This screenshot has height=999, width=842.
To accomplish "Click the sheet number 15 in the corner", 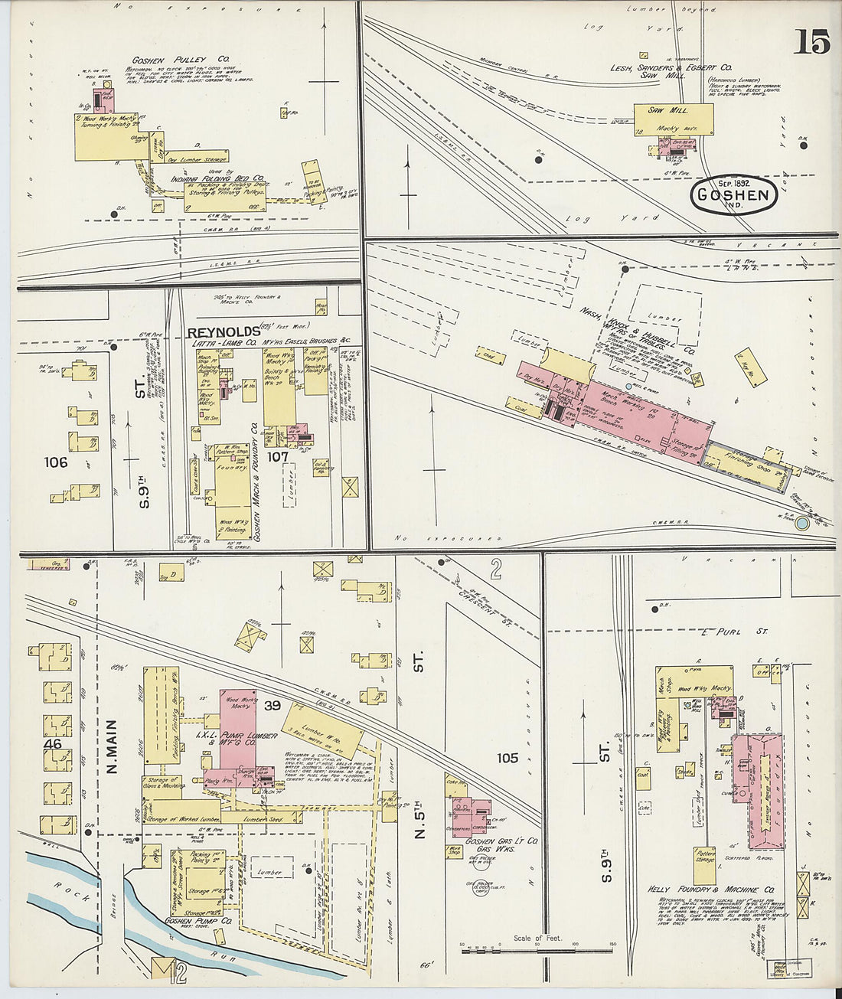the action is (811, 41).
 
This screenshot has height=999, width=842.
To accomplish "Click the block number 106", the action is (56, 462).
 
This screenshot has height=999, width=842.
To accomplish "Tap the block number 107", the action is (278, 456).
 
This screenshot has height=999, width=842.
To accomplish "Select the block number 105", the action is (507, 758).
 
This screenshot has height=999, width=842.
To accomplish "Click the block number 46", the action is (53, 743).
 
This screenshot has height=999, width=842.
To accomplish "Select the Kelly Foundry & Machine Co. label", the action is (711, 890).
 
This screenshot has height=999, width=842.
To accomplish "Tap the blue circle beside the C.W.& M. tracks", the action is (801, 524).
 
